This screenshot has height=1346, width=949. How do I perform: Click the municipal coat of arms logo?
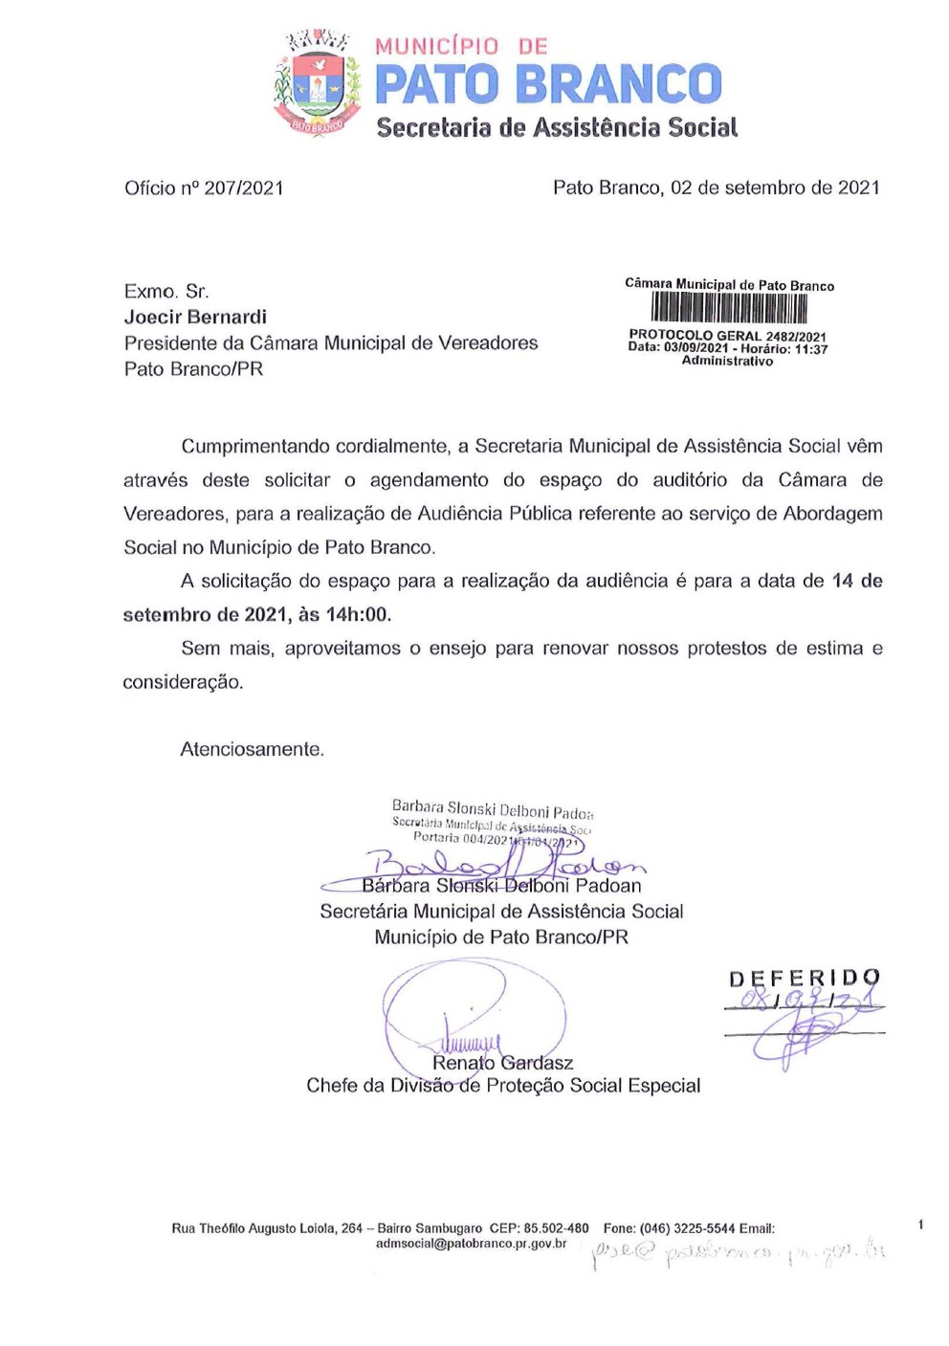click(315, 84)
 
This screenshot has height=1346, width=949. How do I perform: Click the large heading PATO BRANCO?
click(547, 84)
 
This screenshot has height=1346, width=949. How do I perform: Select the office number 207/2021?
click(243, 188)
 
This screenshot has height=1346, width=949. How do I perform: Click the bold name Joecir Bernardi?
click(195, 317)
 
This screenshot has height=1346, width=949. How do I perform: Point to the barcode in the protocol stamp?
click(729, 308)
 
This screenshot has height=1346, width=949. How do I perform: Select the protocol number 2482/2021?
click(796, 336)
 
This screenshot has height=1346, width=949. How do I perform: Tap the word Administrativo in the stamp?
click(727, 361)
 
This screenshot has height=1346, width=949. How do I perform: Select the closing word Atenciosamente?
click(252, 749)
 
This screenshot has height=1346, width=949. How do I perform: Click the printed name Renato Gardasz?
click(502, 1063)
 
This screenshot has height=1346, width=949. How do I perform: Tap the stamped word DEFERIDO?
click(804, 979)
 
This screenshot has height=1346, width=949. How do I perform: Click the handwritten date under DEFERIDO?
click(804, 1002)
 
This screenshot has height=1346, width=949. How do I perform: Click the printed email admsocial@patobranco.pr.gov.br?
click(471, 1244)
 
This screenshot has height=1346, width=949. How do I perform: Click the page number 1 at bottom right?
click(920, 1225)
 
